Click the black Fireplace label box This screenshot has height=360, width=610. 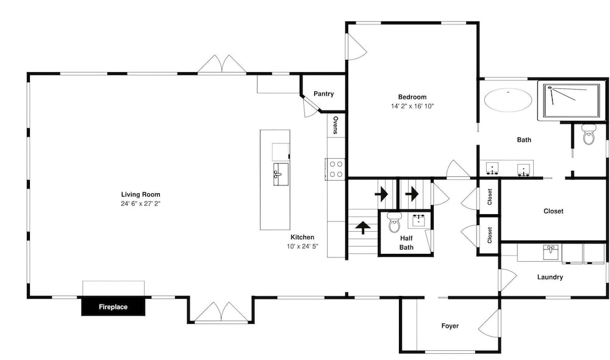113,307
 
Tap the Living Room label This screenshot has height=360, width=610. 140,195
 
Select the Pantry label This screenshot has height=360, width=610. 324,94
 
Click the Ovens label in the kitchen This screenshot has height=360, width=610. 335,124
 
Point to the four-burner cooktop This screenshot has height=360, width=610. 335,169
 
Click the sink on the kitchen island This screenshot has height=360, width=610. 281,175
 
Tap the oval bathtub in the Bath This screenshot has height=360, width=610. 508,100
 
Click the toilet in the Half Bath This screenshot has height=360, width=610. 394,222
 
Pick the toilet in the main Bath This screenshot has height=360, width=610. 589,134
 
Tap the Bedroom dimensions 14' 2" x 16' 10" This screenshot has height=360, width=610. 412,106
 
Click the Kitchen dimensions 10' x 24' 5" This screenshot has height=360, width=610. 303,246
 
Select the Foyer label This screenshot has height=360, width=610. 450,326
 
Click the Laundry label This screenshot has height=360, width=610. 550,277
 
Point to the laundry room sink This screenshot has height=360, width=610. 550,252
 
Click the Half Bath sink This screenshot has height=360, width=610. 418,220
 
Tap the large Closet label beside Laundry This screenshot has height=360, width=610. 553,211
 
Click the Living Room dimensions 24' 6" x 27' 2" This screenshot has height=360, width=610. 140,204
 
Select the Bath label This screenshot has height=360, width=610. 524,140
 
